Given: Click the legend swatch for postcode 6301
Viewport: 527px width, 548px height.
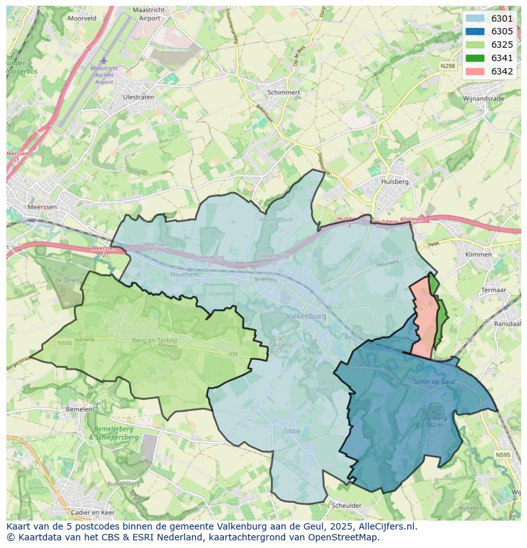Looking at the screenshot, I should coord(474,18).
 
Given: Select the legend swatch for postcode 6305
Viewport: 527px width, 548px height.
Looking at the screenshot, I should coord(474,32).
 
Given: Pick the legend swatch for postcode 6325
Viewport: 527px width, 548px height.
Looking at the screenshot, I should coord(474,45).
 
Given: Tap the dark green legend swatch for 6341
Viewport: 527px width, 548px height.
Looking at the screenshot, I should coord(474,58).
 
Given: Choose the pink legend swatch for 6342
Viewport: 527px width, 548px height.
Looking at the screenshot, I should coord(474,71).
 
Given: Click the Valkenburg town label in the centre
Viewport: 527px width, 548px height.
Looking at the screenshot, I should coord(306,316).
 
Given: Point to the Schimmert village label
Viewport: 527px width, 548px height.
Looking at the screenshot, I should coord(284,92).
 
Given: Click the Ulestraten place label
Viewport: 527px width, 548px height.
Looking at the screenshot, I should coord(138,97).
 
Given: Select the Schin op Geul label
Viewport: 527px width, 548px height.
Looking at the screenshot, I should coord(433,381).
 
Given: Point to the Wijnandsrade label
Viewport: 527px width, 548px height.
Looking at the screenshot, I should coord(483,99).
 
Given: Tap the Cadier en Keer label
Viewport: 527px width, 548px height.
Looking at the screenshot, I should coord(93,512).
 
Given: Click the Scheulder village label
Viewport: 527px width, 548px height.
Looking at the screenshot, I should coord(346,506).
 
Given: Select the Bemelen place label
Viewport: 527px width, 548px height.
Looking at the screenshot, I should coord(79,409).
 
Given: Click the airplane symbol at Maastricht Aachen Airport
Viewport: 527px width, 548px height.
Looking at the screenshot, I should coord(104,60).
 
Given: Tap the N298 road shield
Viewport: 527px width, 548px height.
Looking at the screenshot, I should coord(448,66).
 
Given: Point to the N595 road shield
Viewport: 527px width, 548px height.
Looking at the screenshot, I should coord(503,454).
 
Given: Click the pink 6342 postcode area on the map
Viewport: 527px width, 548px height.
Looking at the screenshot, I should coord(422,318).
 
